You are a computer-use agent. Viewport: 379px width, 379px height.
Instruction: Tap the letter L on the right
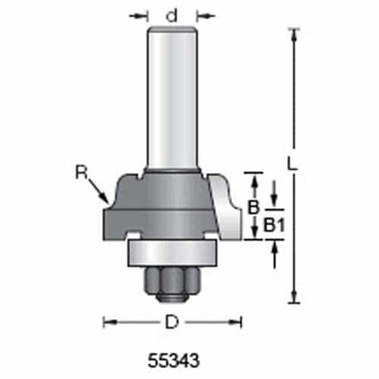point(292,164)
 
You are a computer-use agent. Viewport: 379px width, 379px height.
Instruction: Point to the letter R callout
point(81,171)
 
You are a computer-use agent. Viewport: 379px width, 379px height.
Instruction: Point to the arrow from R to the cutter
point(99,190)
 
